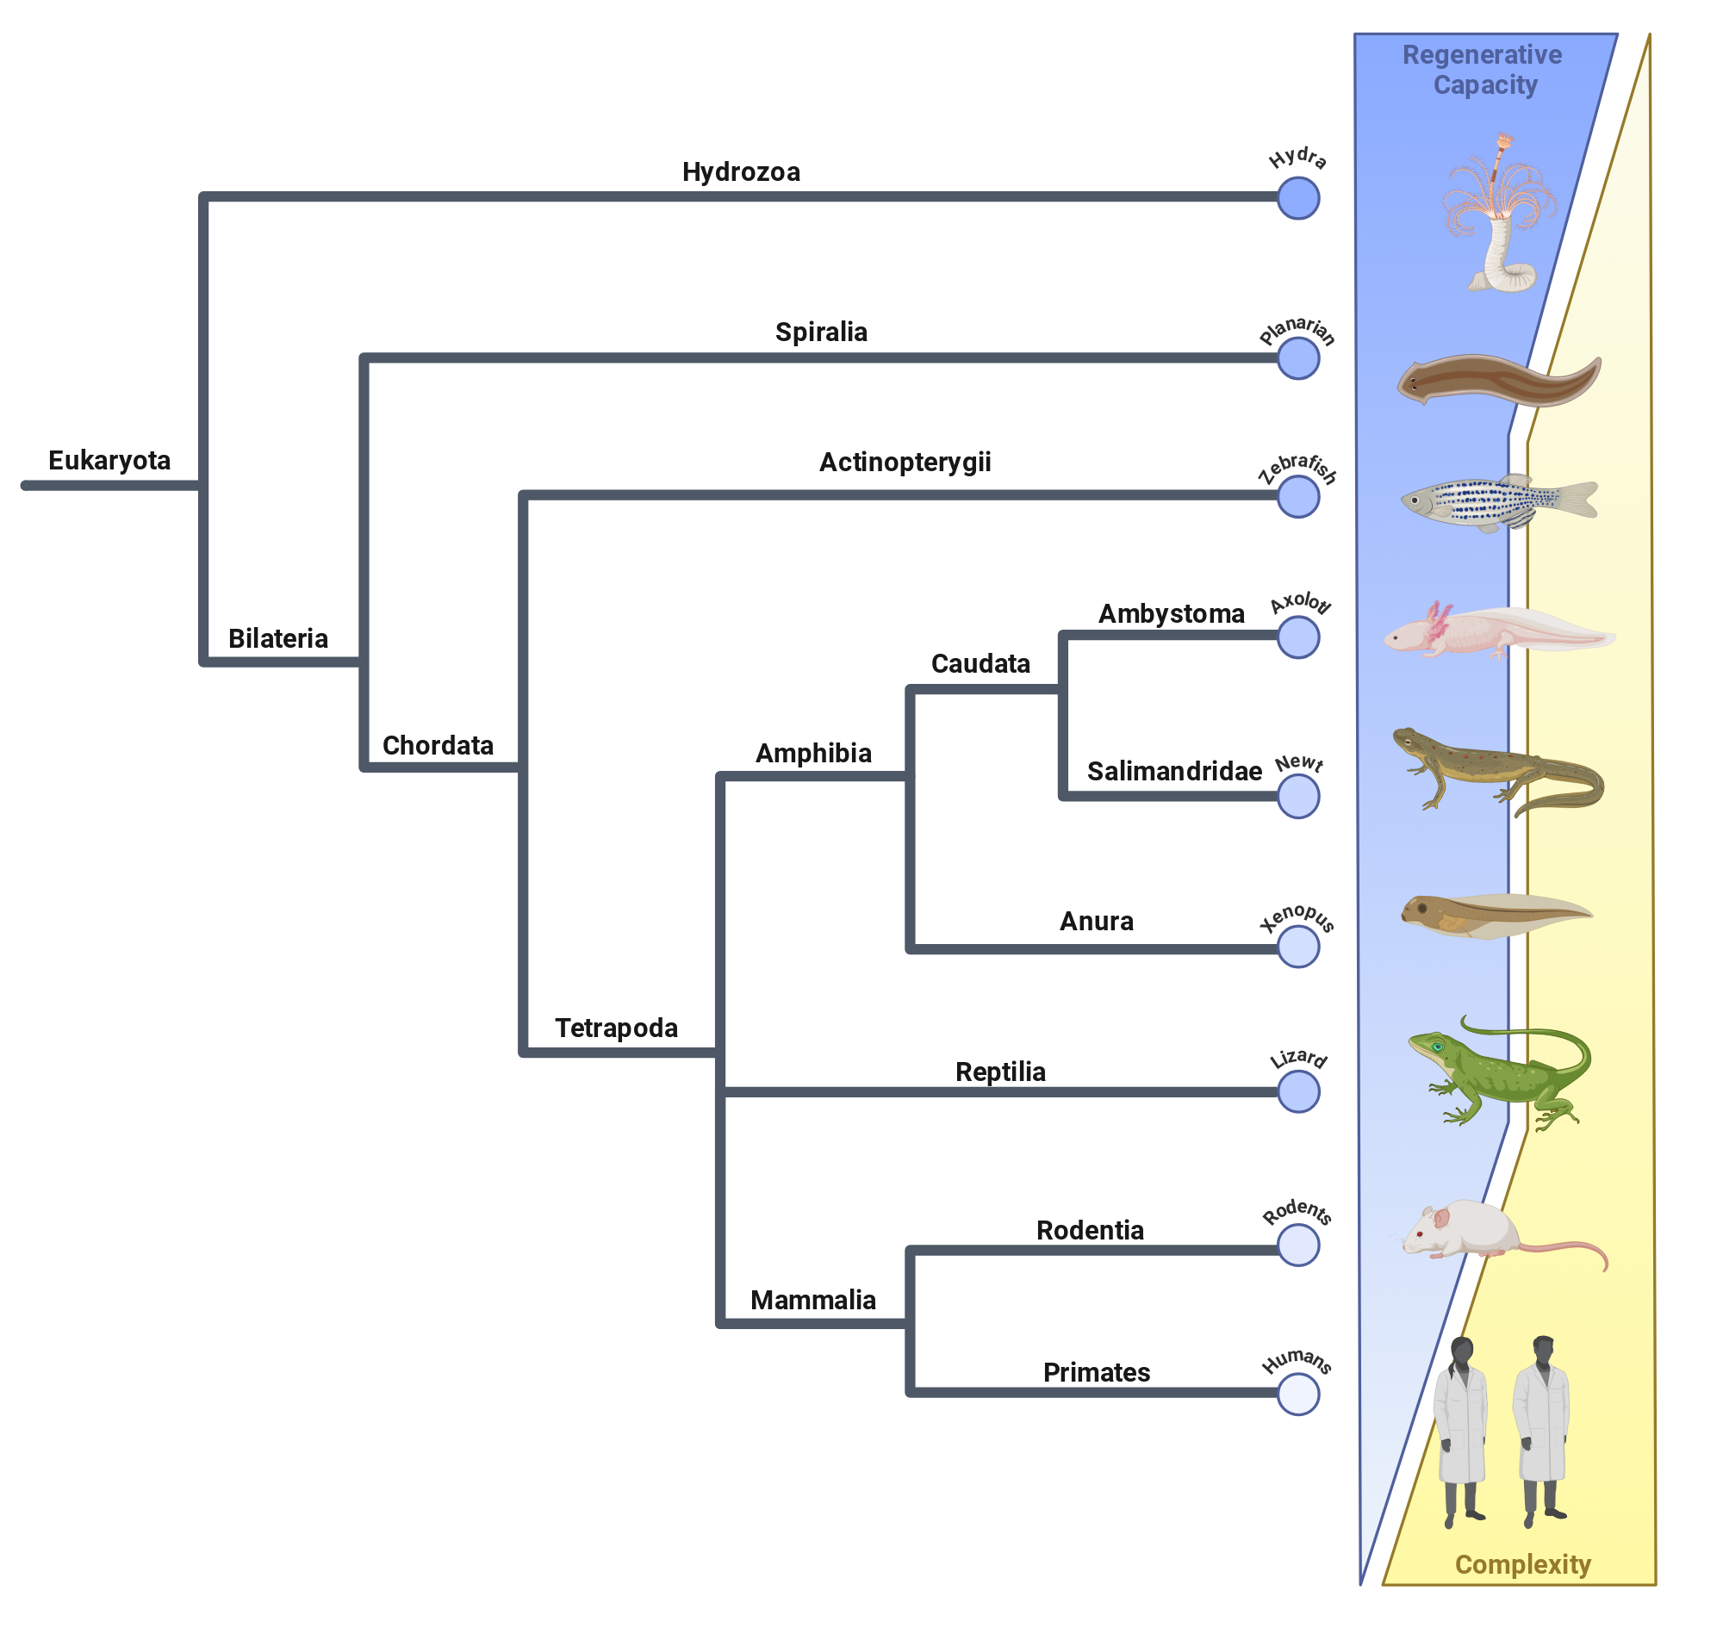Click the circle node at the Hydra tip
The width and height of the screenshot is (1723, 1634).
tap(1298, 199)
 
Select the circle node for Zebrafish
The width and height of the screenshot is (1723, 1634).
tap(1298, 496)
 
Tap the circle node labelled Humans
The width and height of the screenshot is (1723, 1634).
tap(1298, 1395)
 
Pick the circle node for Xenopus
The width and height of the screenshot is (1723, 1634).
tap(1298, 947)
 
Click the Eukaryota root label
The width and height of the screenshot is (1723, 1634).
tap(109, 461)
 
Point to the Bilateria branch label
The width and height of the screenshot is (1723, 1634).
tap(278, 638)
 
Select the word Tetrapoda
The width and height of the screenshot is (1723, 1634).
tap(617, 1028)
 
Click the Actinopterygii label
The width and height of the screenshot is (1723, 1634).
tap(905, 463)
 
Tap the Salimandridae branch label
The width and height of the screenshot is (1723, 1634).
tap(1174, 771)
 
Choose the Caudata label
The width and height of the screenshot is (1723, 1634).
tap(981, 664)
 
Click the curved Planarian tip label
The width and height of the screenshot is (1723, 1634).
tap(1297, 330)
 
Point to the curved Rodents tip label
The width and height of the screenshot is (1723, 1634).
tap(1297, 1212)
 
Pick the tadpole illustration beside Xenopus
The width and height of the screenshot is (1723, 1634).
tap(1496, 916)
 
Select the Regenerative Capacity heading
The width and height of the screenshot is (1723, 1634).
tap(1483, 70)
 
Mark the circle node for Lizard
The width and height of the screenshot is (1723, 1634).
tap(1298, 1091)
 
